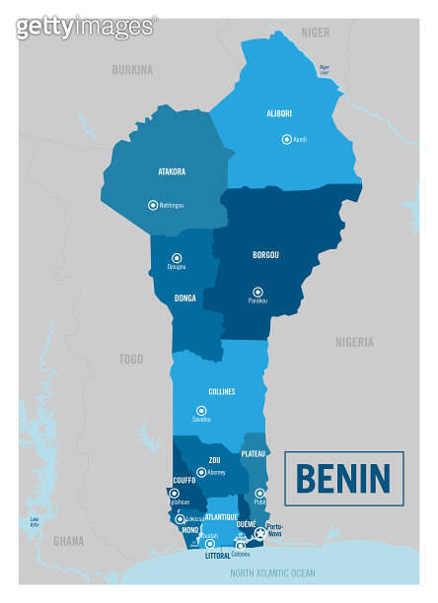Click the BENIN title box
tap(343, 478)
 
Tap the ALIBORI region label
tap(279, 113)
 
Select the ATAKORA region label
tap(172, 171)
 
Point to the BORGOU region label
tap(265, 255)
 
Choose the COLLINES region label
tap(221, 391)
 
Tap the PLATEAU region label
tap(254, 453)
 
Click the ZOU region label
tap(214, 460)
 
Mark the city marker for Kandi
tap(286, 139)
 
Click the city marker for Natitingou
tap(152, 205)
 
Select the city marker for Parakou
tap(257, 292)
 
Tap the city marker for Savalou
tap(201, 410)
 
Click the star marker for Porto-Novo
tap(260, 533)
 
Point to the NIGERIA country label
tap(354, 342)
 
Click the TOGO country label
tap(129, 360)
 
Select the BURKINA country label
tap(132, 70)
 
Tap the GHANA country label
tap(68, 541)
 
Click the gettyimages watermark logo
tap(86, 27)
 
